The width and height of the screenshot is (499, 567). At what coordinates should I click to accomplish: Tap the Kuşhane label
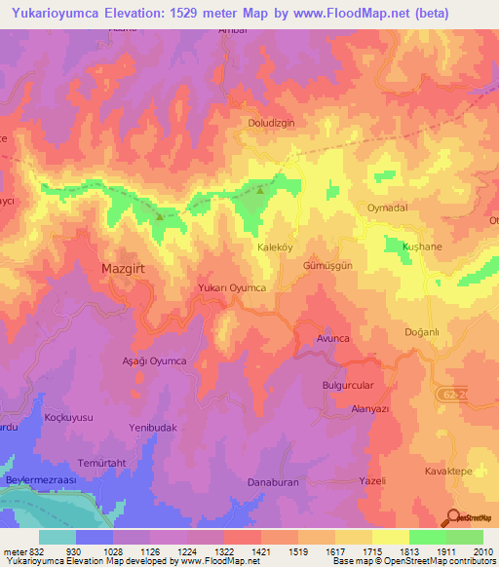[423, 247]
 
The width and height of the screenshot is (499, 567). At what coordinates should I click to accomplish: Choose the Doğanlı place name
[423, 332]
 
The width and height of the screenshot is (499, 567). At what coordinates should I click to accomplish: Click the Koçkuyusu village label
[69, 417]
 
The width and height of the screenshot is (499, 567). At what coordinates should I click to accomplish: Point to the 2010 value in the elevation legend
[481, 551]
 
